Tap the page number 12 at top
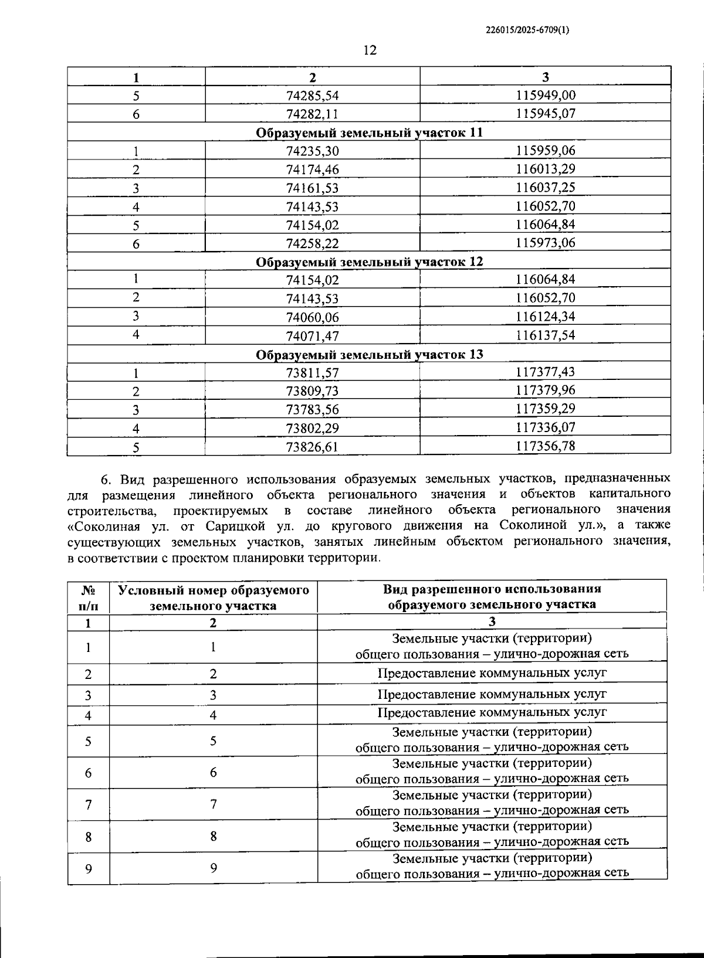[x=370, y=50]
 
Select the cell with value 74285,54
[x=313, y=95]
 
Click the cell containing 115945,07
[x=546, y=113]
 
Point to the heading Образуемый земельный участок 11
[x=370, y=133]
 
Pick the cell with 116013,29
[x=546, y=169]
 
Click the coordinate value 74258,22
[x=313, y=243]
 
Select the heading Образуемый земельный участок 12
[x=370, y=261]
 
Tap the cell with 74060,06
[x=313, y=318]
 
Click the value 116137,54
[x=546, y=335]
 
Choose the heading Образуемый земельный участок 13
[x=370, y=355]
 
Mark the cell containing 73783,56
[x=313, y=409]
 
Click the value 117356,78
[x=546, y=446]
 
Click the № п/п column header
[x=89, y=597]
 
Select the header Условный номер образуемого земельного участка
[x=214, y=597]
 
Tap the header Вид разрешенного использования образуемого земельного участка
[x=492, y=597]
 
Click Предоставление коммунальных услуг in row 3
[x=492, y=694]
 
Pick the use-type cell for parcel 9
[x=492, y=865]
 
